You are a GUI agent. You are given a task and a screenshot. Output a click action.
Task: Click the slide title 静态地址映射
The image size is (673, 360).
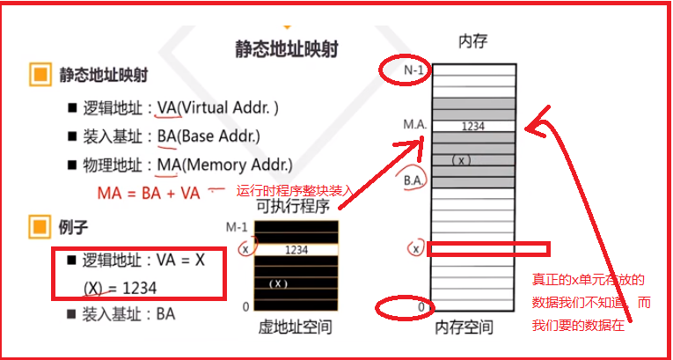tap(287, 47)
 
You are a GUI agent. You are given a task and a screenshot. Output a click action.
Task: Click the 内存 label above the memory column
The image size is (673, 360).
tap(472, 40)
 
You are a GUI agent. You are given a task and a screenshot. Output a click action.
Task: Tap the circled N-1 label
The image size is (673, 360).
tap(406, 71)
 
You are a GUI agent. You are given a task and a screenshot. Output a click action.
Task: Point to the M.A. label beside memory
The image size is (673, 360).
tap(415, 125)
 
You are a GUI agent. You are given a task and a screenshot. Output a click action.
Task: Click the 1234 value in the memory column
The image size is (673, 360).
tap(472, 126)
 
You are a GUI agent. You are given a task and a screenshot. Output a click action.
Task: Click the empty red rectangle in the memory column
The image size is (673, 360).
tap(487, 249)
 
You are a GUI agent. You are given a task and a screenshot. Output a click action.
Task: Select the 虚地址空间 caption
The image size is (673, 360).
tap(296, 327)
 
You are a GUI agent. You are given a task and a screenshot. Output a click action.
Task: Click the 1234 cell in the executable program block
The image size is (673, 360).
tap(296, 250)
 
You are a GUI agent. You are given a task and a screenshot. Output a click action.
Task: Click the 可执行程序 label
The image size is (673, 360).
tap(293, 207)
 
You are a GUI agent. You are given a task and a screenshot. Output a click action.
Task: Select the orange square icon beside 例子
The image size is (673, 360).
tap(38, 228)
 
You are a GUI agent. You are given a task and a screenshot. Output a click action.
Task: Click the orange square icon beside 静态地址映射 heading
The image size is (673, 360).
tap(38, 75)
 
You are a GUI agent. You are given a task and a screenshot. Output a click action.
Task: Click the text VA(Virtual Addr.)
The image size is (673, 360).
tap(217, 108)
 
